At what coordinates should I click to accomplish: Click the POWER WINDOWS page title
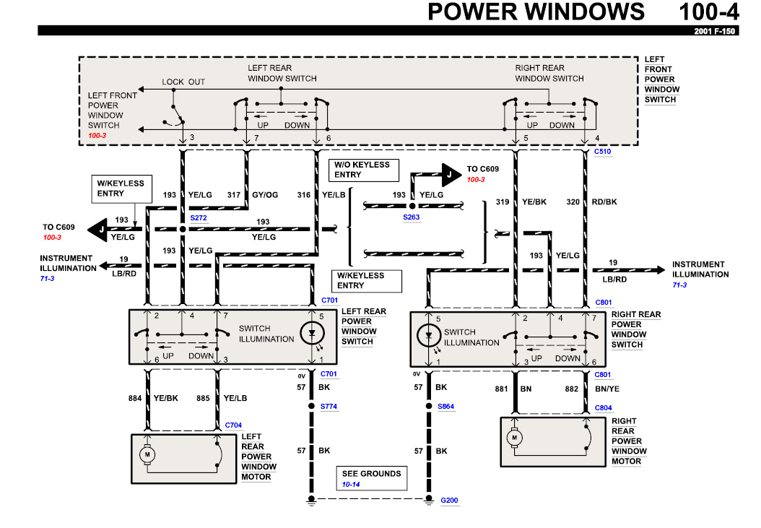[536, 12]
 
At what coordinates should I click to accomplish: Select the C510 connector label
[602, 152]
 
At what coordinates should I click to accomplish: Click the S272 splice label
[199, 217]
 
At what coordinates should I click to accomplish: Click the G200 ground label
[449, 499]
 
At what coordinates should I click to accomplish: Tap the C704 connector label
[233, 425]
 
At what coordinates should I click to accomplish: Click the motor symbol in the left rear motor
[147, 454]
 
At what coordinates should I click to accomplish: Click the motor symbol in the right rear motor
[516, 437]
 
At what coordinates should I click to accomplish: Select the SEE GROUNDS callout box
[372, 478]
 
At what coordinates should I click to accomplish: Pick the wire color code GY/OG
[264, 195]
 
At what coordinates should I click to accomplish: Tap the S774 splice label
[329, 407]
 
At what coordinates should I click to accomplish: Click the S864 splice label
[446, 407]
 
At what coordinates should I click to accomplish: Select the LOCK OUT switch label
[183, 82]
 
